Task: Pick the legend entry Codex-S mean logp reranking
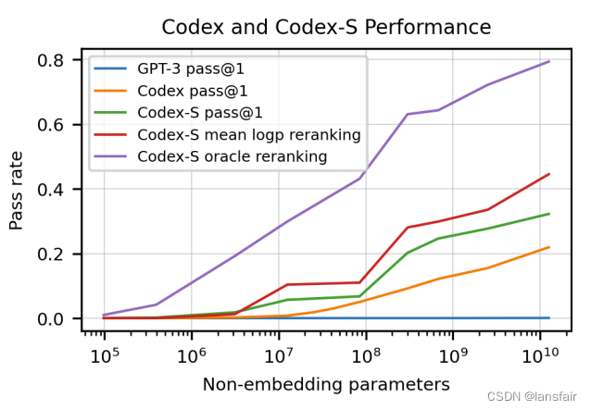[x=248, y=135]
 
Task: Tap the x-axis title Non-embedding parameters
[x=326, y=383]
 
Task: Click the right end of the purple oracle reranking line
[x=549, y=62]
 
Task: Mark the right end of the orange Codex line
[x=549, y=247]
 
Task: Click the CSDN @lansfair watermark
[x=534, y=395]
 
